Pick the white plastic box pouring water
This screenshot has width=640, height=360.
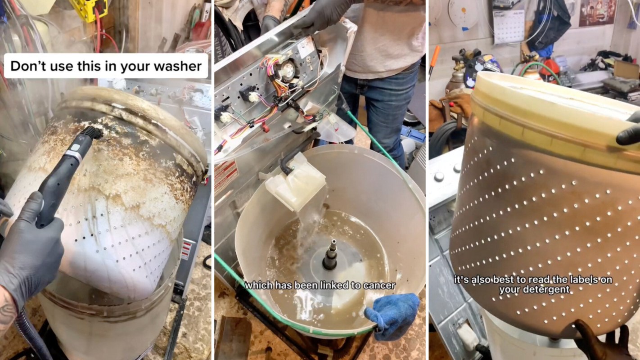[296, 183]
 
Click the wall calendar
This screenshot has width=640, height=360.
[509, 27]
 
